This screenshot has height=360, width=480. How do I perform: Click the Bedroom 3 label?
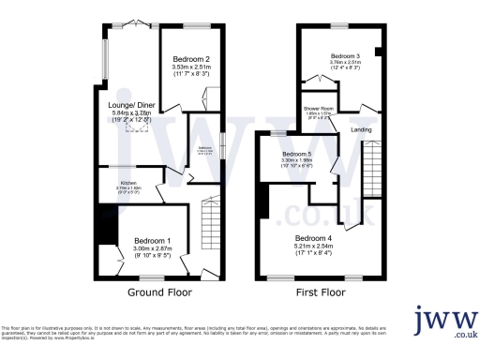point(344,55)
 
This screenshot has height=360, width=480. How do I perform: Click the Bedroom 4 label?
point(316,238)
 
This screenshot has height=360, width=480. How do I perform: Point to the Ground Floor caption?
point(159,292)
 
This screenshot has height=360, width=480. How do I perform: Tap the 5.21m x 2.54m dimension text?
point(316,247)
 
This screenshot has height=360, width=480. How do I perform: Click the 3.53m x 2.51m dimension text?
point(190,67)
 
